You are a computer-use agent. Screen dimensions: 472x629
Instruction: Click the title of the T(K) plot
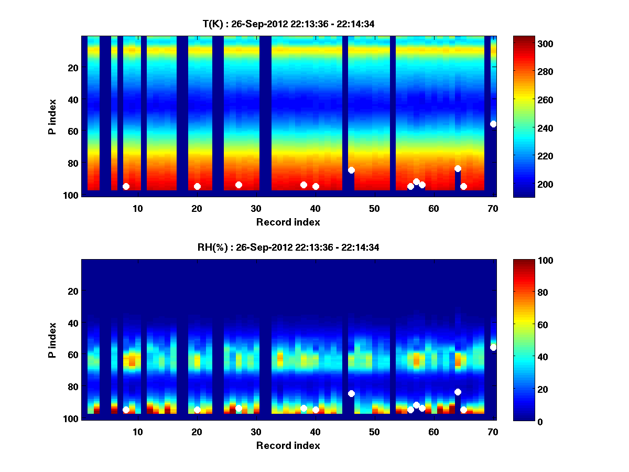[x=288, y=24]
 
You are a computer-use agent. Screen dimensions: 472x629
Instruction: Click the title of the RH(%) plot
[x=288, y=247]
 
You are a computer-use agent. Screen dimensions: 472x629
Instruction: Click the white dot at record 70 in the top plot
[x=493, y=124]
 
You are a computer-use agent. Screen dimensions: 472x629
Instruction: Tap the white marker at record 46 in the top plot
[x=351, y=170]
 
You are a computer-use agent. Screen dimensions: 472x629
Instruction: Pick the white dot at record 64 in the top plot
[x=458, y=168]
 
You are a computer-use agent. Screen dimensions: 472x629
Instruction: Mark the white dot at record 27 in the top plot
[x=238, y=185]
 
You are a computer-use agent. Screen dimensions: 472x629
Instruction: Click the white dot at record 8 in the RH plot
[x=126, y=410]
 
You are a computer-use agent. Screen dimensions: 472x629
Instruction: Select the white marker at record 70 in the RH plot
[x=493, y=347]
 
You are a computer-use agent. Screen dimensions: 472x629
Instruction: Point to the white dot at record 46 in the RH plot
[x=351, y=393]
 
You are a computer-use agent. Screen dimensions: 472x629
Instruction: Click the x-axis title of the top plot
[x=288, y=222]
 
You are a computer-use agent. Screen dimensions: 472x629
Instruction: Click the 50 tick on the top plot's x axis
[x=374, y=208]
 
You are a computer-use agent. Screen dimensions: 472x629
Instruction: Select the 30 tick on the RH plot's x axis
[x=256, y=432]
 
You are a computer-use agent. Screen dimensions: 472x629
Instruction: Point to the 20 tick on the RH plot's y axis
[x=73, y=291]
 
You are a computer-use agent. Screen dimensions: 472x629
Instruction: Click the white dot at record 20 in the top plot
[x=197, y=186]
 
